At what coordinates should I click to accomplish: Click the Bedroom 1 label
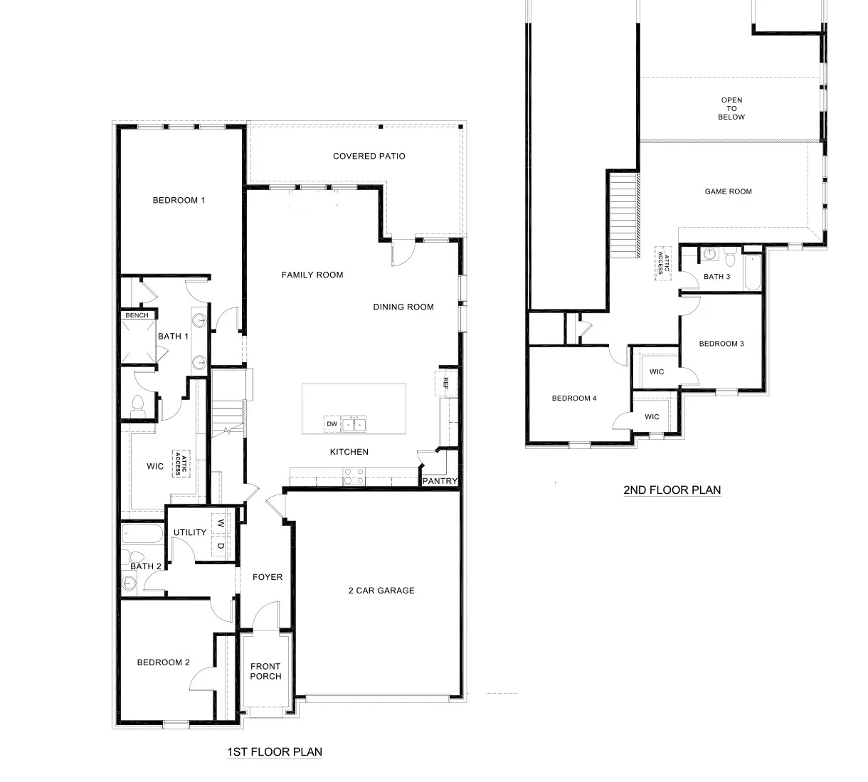[179, 201]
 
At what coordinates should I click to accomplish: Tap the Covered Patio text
[369, 157]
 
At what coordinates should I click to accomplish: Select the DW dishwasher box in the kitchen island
[332, 424]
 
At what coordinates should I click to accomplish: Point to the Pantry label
[440, 482]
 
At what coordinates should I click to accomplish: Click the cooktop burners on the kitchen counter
[354, 475]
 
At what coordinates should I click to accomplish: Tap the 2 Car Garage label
[381, 591]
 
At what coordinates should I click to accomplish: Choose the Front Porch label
[265, 672]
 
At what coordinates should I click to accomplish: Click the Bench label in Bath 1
[137, 315]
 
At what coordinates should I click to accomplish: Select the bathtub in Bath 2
[142, 533]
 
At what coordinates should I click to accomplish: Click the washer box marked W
[221, 523]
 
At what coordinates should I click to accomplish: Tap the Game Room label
[728, 191]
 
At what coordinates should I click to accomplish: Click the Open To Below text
[731, 109]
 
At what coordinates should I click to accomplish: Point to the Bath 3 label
[716, 277]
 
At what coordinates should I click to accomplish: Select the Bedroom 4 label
[574, 398]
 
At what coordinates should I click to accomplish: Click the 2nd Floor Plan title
[672, 490]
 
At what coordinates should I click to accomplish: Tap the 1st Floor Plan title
[274, 752]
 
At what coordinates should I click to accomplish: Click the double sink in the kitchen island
[354, 425]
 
